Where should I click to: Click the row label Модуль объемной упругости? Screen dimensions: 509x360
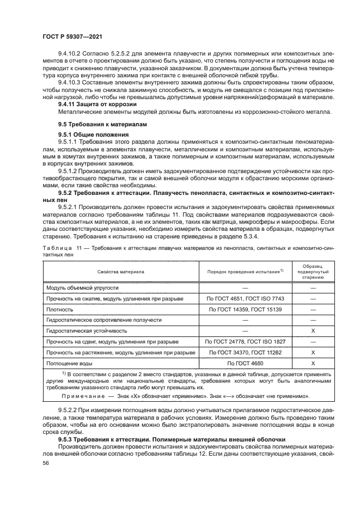tap(82, 287)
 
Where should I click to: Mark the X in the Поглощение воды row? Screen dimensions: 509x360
tap(313, 363)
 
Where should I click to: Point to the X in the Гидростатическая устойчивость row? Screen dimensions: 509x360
tap(313, 330)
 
